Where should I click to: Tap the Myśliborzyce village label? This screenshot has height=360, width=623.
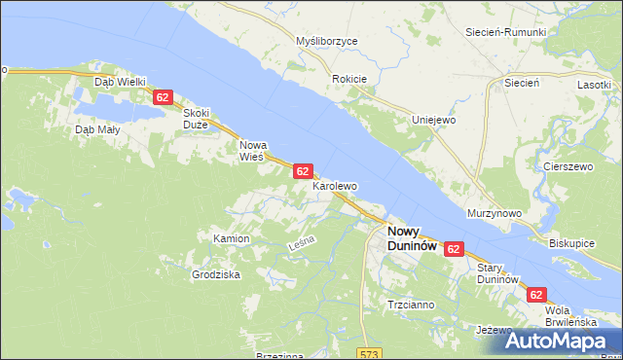coord(327,42)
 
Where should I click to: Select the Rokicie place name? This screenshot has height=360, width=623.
coord(348,79)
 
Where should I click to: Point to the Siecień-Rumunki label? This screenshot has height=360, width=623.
coord(505,32)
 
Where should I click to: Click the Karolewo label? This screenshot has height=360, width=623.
coord(335,185)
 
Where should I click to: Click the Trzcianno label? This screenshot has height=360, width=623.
coord(411,305)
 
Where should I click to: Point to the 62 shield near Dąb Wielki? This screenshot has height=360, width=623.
coord(163,97)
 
